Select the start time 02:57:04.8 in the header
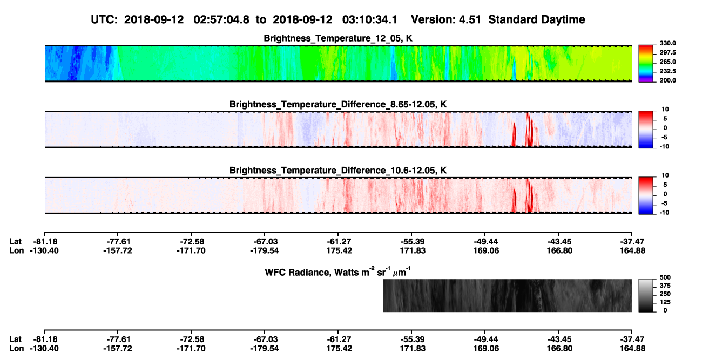pyautogui.click(x=221, y=20)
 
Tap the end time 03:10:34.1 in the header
pyautogui.click(x=370, y=20)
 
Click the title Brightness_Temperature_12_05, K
pyautogui.click(x=338, y=38)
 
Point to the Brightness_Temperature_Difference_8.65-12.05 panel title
pyautogui.click(x=338, y=104)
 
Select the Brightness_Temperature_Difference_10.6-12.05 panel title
pyautogui.click(x=338, y=171)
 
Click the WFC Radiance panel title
pyautogui.click(x=338, y=272)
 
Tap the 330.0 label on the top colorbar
pyautogui.click(x=667, y=43)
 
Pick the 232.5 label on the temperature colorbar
pyautogui.click(x=667, y=71)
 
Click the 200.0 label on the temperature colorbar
pyautogui.click(x=667, y=80)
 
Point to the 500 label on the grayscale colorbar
pyautogui.click(x=665, y=277)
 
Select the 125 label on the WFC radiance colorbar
pyautogui.click(x=665, y=302)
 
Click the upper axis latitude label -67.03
pyautogui.click(x=265, y=242)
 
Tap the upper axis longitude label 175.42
pyautogui.click(x=339, y=250)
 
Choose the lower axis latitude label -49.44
pyautogui.click(x=486, y=339)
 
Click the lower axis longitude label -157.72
pyautogui.click(x=118, y=349)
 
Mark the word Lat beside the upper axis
pyautogui.click(x=15, y=242)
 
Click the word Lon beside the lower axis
pyautogui.click(x=17, y=349)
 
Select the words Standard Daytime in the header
pyautogui.click(x=537, y=20)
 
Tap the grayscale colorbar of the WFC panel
pyautogui.click(x=646, y=295)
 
